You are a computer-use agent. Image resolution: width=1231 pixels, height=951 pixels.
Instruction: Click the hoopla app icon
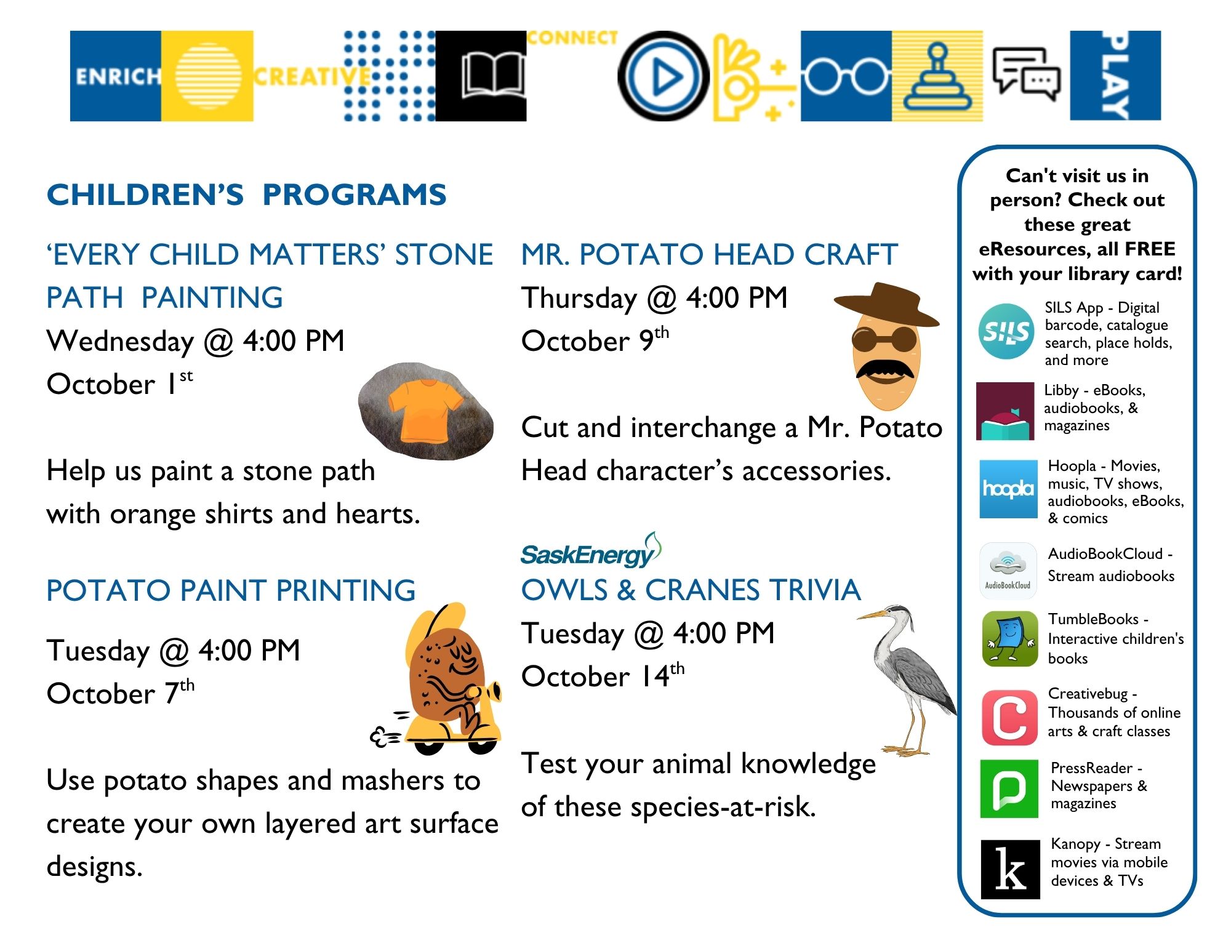(1008, 489)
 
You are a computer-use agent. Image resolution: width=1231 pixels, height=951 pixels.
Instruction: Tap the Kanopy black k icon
(1010, 869)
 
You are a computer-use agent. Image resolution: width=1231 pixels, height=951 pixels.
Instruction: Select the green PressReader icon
(1009, 788)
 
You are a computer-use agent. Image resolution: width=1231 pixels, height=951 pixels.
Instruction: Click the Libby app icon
(1004, 411)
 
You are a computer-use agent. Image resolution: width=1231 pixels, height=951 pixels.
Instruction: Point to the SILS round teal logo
(1006, 332)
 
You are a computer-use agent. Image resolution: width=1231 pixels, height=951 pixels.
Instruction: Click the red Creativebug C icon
(1009, 717)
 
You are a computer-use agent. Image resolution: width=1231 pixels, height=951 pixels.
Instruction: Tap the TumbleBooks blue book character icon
(1009, 639)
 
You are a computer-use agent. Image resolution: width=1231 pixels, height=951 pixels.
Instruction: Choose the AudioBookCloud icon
(1008, 570)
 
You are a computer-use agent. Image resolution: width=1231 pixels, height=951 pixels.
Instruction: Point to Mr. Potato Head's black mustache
(884, 369)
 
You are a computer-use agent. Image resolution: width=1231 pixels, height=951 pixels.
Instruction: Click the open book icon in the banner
(493, 76)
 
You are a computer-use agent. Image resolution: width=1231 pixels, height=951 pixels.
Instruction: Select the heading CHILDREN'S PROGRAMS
(246, 195)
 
